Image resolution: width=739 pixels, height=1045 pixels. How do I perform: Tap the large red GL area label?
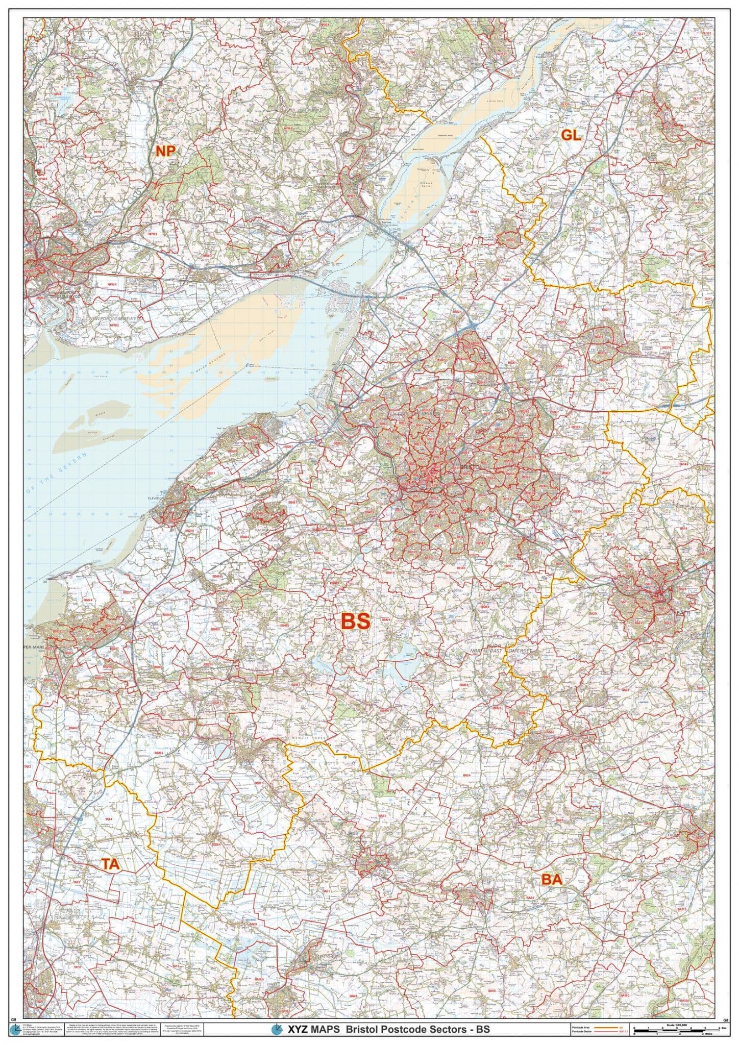(571, 135)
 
